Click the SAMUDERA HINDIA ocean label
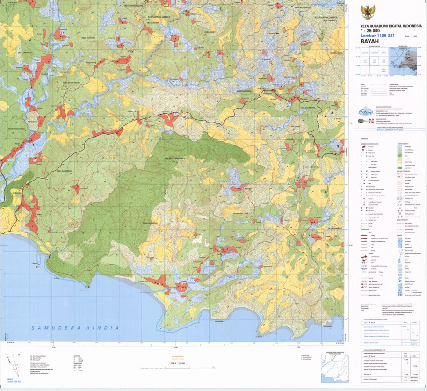(75, 328)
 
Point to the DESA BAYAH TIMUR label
(78, 83)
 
